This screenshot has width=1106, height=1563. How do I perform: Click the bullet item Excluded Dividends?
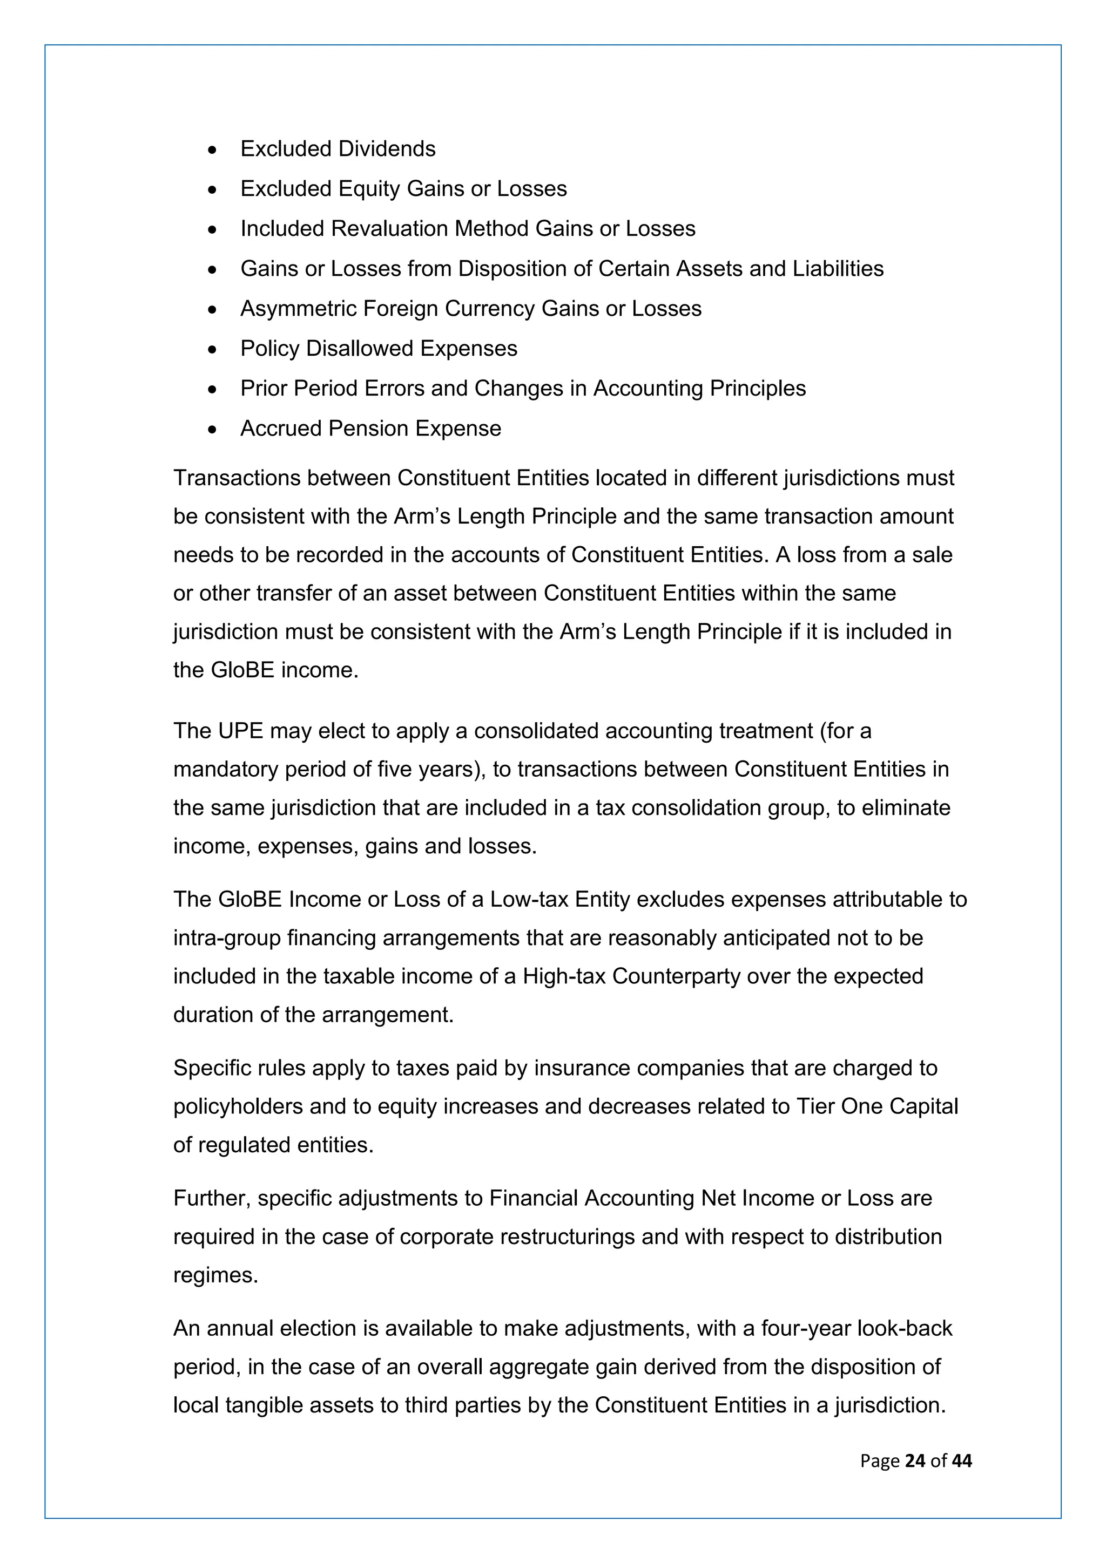(338, 149)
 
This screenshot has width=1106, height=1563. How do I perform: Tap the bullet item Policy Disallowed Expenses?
(379, 349)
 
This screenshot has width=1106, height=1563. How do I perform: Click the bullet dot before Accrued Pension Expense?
(213, 430)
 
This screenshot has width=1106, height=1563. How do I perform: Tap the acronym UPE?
(240, 731)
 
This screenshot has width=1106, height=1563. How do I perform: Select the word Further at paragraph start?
(211, 1199)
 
